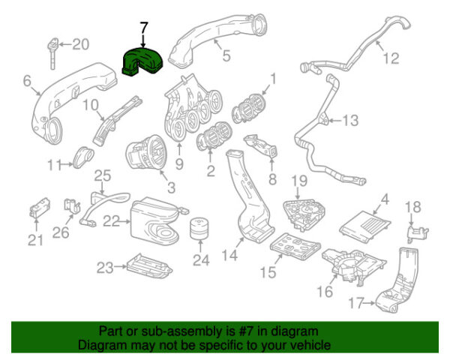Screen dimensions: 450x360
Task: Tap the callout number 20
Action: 80,44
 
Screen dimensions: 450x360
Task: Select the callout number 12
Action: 389,57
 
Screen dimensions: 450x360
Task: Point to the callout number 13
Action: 351,119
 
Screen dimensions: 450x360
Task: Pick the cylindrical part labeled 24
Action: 198,232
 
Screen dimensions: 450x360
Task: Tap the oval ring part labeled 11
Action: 82,157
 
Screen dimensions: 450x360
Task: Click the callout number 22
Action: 111,220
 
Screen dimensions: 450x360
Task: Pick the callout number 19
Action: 299,181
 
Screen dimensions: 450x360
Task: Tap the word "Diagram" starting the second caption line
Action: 104,345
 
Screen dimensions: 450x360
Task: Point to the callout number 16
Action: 325,291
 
